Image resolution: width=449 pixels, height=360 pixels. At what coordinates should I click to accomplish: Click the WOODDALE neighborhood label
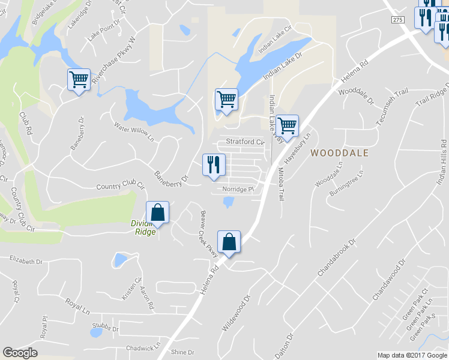339,153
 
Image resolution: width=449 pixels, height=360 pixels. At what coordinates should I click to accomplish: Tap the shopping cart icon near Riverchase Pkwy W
79,80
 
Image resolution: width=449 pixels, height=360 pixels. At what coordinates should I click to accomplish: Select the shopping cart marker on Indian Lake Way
288,126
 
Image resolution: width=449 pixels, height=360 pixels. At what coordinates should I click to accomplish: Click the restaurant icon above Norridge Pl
214,164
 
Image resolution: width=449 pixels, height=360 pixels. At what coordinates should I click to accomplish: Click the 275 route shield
398,20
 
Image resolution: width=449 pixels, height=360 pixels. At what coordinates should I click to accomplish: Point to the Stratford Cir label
245,142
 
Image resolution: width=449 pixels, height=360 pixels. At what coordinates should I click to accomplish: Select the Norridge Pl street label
239,189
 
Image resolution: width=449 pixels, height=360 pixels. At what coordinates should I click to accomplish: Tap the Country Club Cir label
121,187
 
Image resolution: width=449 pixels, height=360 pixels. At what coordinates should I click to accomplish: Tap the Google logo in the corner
20,353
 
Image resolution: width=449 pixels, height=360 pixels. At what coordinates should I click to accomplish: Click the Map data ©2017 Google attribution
412,355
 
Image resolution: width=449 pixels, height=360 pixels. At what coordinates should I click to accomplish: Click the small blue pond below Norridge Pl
229,203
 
